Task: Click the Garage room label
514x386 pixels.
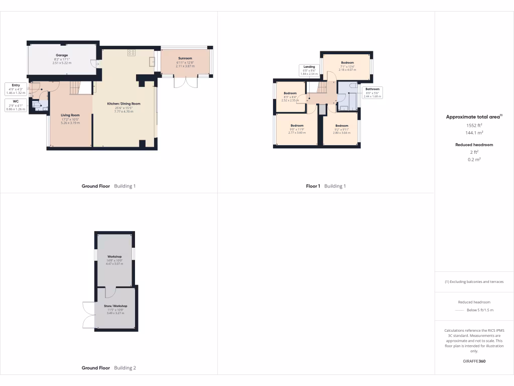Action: click(62, 55)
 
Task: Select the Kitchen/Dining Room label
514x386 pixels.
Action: click(123, 104)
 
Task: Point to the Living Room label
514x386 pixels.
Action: click(70, 116)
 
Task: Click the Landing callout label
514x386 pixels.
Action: click(309, 66)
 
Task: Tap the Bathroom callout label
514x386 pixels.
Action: click(372, 89)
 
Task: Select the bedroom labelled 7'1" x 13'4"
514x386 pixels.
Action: click(347, 63)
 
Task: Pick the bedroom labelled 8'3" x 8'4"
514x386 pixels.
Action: click(290, 93)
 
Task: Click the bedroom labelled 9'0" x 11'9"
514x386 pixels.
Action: click(297, 126)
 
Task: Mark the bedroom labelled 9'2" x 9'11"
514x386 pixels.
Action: click(342, 126)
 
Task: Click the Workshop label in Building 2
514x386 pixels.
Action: click(114, 256)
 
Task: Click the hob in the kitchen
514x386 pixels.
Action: click(132, 52)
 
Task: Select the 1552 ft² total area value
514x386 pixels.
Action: click(474, 125)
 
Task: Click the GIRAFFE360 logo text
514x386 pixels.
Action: click(474, 361)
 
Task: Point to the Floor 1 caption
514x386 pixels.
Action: click(313, 186)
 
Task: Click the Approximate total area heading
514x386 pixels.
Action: click(473, 117)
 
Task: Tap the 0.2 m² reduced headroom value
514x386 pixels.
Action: click(474, 159)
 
